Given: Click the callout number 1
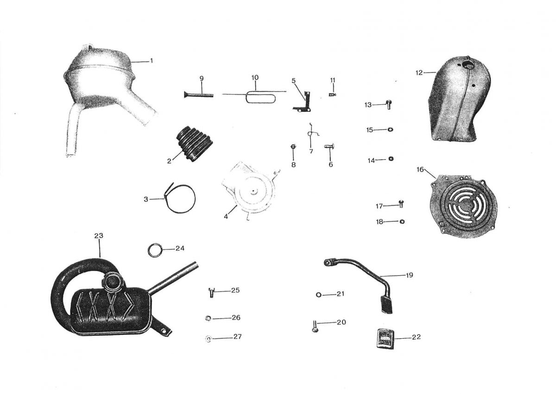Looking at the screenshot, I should point(151,61).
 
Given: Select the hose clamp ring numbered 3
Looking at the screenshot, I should point(181,198).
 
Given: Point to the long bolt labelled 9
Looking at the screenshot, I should point(198,95).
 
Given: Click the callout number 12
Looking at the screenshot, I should point(419,73).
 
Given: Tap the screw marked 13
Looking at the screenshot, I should point(388,105).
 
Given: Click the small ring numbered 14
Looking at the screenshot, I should point(391,159).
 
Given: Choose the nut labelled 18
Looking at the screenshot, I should point(402,221).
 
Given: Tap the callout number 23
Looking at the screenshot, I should point(99,236).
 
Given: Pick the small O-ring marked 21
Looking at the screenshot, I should point(318,294).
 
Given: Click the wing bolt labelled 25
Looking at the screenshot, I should point(211,292).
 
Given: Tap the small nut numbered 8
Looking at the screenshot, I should point(293,147).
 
